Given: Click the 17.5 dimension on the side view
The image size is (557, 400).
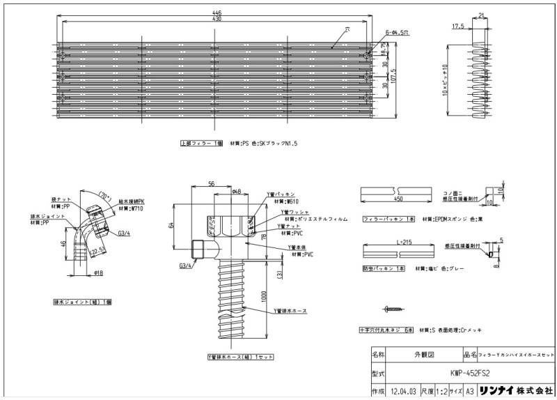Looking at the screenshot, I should click(x=457, y=26).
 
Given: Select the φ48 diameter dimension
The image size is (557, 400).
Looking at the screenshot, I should click(x=236, y=192).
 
